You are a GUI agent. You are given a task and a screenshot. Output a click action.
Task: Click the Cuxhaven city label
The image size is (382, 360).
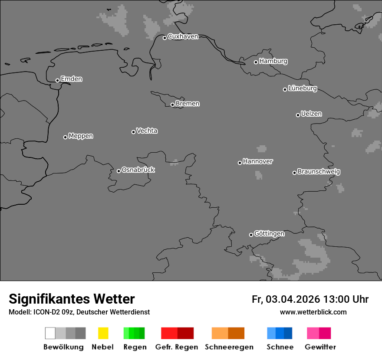click(x=183, y=36)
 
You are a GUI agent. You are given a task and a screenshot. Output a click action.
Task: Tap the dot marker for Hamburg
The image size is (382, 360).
click(x=256, y=62)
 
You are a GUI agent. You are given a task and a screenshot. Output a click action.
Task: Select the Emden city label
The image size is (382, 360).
click(x=71, y=79)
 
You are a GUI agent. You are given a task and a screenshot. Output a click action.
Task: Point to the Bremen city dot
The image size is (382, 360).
click(x=172, y=105)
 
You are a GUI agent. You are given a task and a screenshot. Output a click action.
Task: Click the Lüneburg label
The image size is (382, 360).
click(x=302, y=88)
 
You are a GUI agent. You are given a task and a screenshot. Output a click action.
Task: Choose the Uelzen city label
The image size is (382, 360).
click(x=311, y=114)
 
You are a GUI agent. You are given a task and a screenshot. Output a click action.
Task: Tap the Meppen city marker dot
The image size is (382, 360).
click(x=65, y=137)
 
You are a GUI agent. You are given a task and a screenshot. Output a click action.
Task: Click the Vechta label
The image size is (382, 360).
click(x=147, y=131)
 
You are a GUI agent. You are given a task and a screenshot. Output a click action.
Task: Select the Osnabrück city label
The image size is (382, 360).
click(x=138, y=170)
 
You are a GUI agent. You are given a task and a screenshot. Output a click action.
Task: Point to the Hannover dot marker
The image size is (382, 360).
click(x=240, y=163)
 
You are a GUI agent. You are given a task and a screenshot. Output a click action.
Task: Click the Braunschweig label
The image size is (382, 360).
click(x=319, y=171)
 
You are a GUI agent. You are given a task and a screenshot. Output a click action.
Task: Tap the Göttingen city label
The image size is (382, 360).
click(x=269, y=233)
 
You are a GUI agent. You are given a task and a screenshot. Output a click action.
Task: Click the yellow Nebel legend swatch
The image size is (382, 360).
click(x=103, y=333)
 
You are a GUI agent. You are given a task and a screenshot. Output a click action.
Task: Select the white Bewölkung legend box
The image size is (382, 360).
click(x=50, y=333)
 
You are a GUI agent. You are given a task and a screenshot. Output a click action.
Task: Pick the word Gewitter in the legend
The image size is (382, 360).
click(x=320, y=347)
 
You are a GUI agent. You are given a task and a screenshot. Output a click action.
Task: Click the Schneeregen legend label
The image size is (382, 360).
click(x=229, y=347)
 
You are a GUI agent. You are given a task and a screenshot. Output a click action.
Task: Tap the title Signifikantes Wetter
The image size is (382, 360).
click(x=72, y=299)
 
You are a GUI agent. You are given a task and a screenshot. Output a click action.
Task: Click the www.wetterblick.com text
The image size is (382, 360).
click(x=313, y=312)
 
